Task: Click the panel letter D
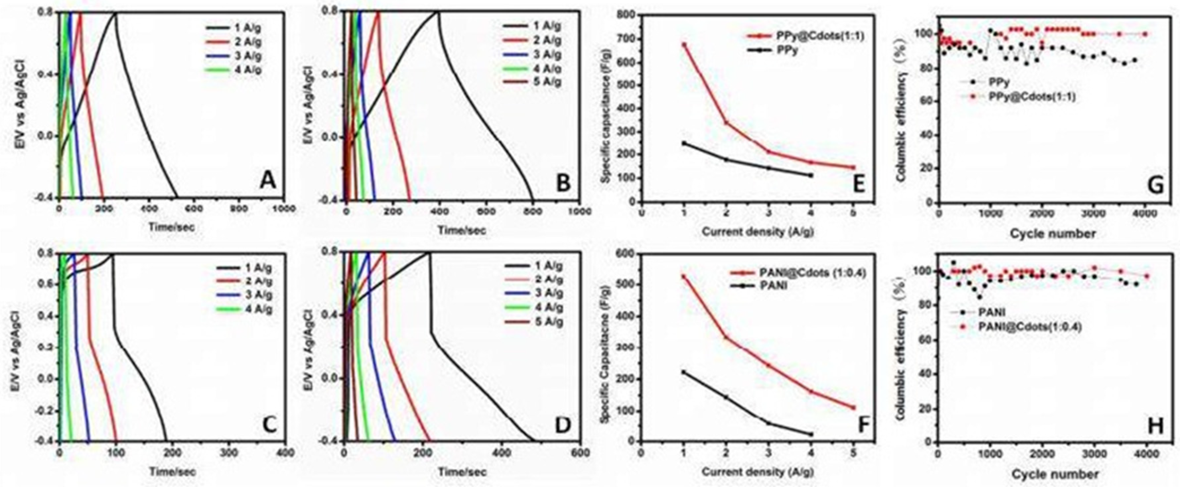[x=563, y=426]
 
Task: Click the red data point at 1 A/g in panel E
[x=684, y=45]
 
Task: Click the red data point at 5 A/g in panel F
[x=853, y=408]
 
